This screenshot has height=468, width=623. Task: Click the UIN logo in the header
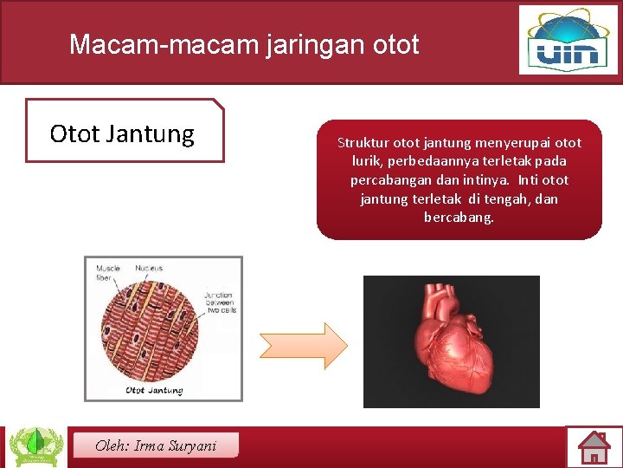(568, 40)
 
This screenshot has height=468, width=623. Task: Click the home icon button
(594, 447)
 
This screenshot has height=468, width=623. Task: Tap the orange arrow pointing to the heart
(304, 346)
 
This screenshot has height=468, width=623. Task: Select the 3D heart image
(451, 341)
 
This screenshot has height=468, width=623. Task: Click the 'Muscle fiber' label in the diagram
(108, 273)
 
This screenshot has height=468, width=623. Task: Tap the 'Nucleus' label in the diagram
(149, 269)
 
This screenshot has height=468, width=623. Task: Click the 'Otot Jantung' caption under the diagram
(154, 391)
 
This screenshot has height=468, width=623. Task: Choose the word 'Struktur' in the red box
(363, 143)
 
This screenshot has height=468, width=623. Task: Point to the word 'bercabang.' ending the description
(459, 218)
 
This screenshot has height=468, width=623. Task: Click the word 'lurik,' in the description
(369, 162)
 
